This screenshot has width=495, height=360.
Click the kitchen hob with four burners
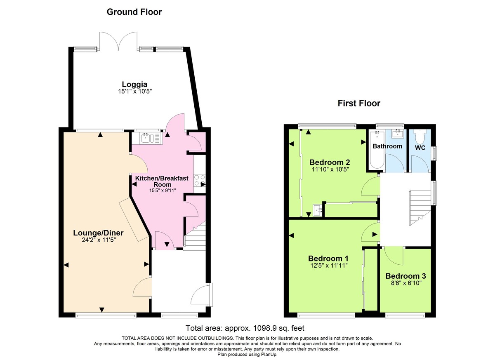[x=199, y=181]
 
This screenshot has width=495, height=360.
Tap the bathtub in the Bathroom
[x=376, y=150]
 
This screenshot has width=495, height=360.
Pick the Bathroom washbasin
[x=398, y=133]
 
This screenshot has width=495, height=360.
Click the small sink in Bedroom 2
[x=318, y=210]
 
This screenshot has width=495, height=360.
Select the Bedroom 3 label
[x=405, y=276]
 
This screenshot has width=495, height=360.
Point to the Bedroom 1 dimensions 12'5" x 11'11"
[x=328, y=266]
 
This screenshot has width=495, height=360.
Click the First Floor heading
[x=359, y=103]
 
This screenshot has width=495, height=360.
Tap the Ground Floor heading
[x=134, y=12]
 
